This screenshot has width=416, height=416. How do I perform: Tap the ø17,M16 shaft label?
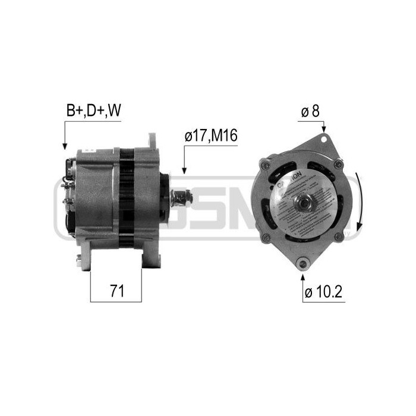211,136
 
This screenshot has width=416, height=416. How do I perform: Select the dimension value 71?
116,291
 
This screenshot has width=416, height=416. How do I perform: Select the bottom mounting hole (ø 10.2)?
303,262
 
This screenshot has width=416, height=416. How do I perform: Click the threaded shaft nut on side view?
180,197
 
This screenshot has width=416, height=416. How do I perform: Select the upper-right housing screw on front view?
338,164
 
